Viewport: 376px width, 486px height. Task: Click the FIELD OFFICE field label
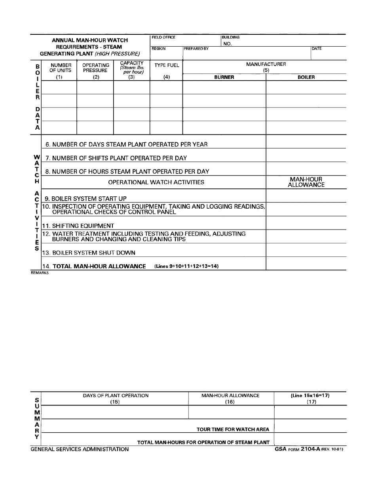(163, 38)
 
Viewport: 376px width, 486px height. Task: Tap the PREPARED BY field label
(196, 49)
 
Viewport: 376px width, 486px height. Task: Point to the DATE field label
(317, 49)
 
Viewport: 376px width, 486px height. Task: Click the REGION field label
(159, 49)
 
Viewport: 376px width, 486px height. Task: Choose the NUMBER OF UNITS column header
(60, 68)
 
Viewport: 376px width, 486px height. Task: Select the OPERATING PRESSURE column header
(96, 68)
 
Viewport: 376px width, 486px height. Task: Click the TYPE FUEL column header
(167, 66)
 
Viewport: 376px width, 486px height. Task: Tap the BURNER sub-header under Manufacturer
(224, 77)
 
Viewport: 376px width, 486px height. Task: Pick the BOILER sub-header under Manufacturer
(306, 77)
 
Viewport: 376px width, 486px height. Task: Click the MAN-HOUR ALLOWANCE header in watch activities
(306, 182)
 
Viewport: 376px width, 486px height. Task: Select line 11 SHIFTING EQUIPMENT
(78, 226)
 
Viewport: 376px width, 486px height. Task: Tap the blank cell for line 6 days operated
(306, 142)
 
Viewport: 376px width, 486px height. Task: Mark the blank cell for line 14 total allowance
(306, 264)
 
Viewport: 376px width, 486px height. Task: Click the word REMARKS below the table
(40, 273)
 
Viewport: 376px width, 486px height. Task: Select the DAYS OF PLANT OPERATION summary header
(116, 396)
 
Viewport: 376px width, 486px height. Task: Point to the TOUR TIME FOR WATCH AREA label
(233, 429)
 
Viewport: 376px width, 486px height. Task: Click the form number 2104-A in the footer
(310, 449)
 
